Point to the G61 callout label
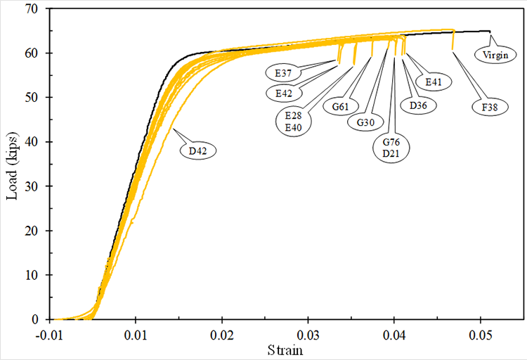[338, 107]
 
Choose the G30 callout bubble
[366, 122]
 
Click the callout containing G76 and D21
[391, 148]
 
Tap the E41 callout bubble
[434, 82]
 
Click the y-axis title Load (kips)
[12, 164]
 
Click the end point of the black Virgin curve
[490, 31]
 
